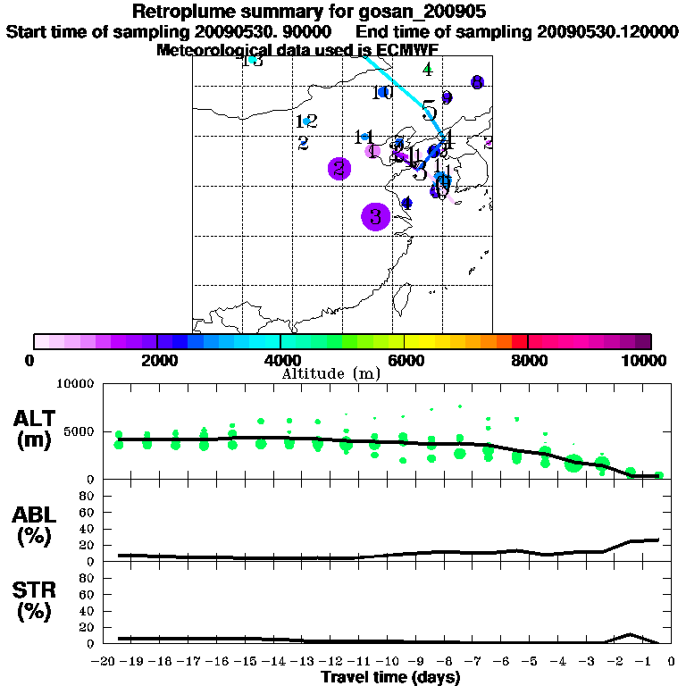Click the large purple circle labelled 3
point(376,216)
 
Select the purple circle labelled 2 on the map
point(339,168)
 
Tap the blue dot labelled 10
point(383,92)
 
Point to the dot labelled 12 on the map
point(306,121)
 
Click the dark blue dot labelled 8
point(477,82)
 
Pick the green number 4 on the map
point(428,69)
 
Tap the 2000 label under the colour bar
point(156,360)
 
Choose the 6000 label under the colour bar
point(405,360)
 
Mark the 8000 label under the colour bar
point(529,360)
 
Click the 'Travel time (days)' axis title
point(390,677)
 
